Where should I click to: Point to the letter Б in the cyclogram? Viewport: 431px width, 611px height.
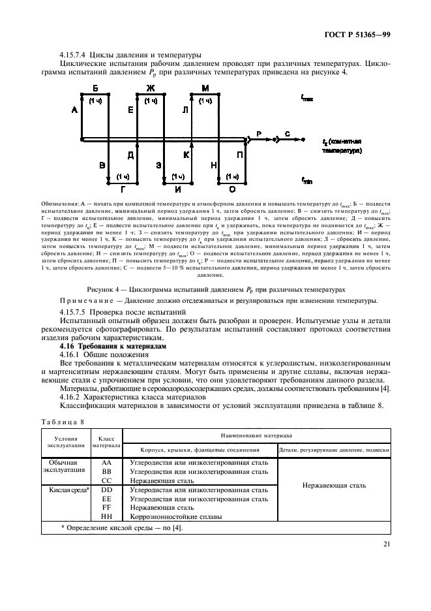click(x=96, y=87)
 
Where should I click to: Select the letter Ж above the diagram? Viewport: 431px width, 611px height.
click(x=150, y=87)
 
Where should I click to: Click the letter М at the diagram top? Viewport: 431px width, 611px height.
click(x=205, y=87)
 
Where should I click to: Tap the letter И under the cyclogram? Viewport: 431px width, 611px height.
click(x=177, y=188)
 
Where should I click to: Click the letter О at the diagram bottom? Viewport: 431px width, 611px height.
click(x=232, y=188)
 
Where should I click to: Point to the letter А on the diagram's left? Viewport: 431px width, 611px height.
click(x=74, y=111)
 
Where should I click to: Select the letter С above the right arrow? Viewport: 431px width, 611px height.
click(x=287, y=133)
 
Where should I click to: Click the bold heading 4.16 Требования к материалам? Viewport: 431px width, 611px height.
click(x=103, y=346)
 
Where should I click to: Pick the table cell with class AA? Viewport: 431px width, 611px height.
click(x=106, y=462)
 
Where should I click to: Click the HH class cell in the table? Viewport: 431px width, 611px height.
click(x=106, y=516)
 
